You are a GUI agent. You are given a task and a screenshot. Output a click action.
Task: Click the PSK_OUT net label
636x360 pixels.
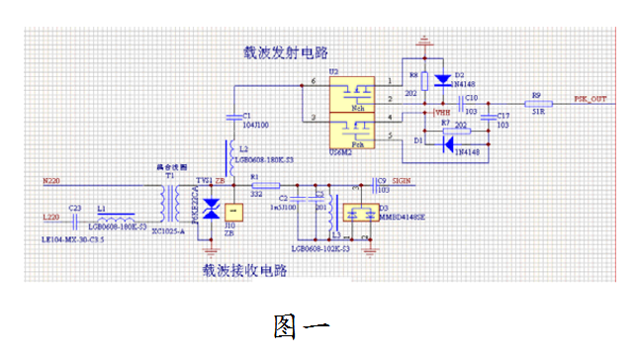click(x=592, y=100)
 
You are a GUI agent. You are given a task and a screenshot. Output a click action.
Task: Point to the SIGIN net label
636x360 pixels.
click(x=402, y=181)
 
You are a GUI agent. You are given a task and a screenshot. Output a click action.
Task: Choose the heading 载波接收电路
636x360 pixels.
click(x=244, y=268)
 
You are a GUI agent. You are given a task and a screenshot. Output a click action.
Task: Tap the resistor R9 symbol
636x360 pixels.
click(x=537, y=103)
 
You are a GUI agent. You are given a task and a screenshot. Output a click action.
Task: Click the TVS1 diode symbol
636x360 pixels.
click(x=210, y=211)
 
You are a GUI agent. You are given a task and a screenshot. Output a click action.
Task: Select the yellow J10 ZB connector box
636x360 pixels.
click(x=233, y=212)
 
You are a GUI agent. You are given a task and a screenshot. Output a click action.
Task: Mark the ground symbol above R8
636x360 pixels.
click(x=425, y=43)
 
